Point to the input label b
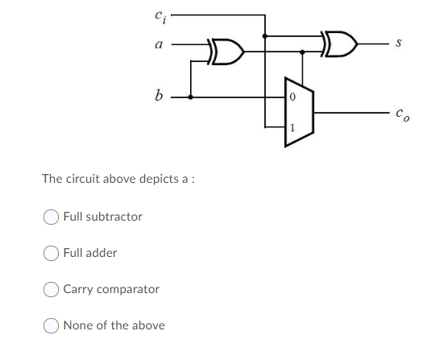[158, 94]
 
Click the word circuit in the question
[84, 178]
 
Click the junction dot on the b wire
[190, 96]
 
